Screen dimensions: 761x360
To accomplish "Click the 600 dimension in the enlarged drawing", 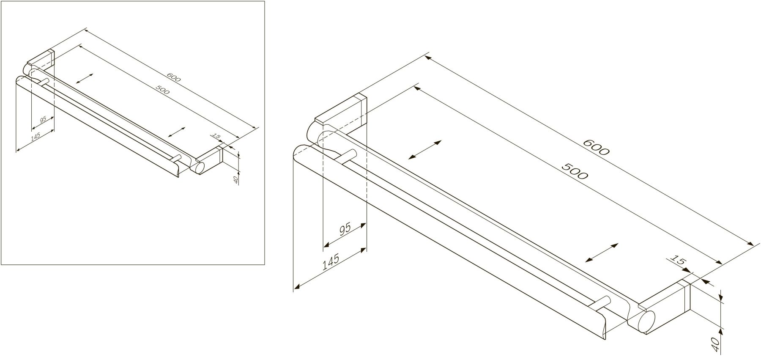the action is (596, 147).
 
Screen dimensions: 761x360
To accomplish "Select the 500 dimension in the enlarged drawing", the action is (575, 171).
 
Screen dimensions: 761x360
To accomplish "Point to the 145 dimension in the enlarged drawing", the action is (331, 263).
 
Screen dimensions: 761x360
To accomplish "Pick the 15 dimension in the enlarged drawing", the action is (677, 261).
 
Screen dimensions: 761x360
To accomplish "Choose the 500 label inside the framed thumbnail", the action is (163, 89).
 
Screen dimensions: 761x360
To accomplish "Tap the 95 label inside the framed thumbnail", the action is (43, 120).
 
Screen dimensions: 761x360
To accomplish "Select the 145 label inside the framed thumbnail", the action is (36, 137).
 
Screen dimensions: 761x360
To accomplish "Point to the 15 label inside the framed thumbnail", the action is (216, 136).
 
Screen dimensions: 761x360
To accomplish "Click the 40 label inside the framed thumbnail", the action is (236, 179).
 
